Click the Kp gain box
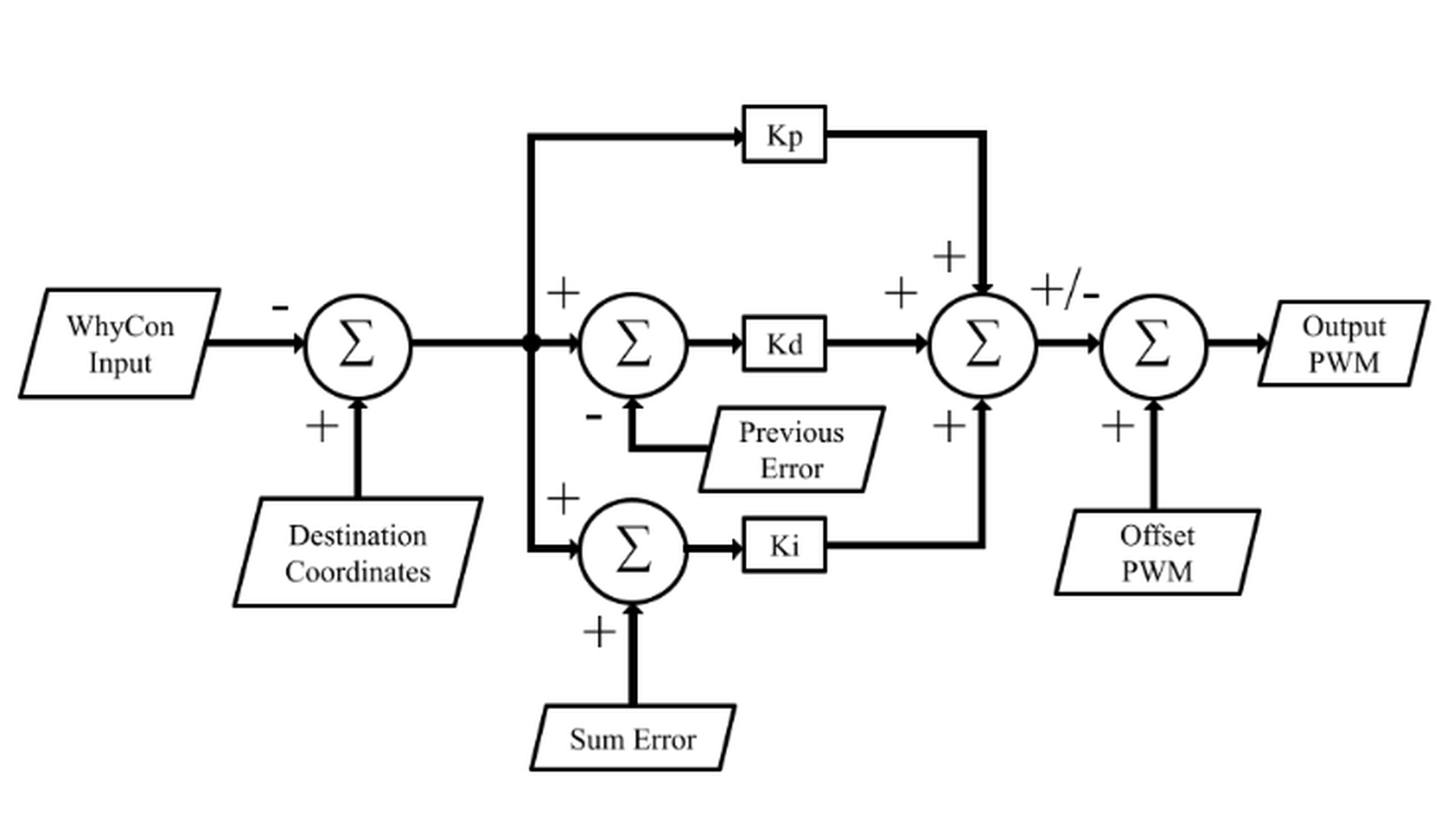click(784, 134)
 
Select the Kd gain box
click(784, 344)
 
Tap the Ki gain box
click(784, 545)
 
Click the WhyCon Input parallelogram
click(120, 344)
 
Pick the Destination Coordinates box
click(358, 552)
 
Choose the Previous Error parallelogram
click(791, 450)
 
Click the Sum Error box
click(632, 738)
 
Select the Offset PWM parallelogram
click(1156, 552)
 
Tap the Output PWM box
click(1343, 344)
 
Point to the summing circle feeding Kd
click(632, 344)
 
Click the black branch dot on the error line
click(531, 342)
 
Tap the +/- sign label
click(1065, 291)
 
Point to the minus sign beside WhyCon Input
click(280, 307)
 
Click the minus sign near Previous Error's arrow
click(594, 416)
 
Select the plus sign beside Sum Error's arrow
click(599, 632)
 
